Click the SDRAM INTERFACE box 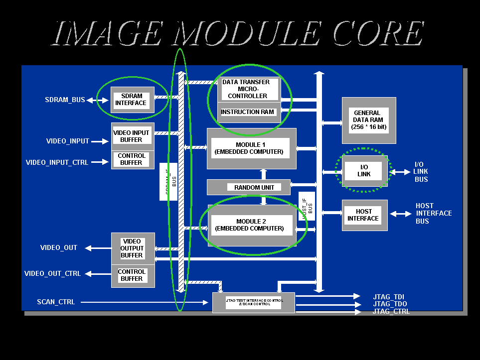coord(131,100)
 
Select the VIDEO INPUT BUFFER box coord(131,136)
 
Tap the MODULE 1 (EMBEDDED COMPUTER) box coord(251,148)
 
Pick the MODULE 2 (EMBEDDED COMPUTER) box coord(251,225)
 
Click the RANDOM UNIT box coord(254,187)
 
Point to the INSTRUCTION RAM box coord(248,112)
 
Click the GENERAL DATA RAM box coord(368,120)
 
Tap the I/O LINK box coord(364,171)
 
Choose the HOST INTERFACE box coord(364,215)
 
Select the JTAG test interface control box coord(253,302)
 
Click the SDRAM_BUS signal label coord(65,100)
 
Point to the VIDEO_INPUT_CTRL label coord(57,162)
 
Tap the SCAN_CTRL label coord(56,302)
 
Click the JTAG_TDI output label coord(389,297)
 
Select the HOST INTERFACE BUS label coord(434,213)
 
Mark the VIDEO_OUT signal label coord(59,247)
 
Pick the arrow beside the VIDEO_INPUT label coord(100,141)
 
